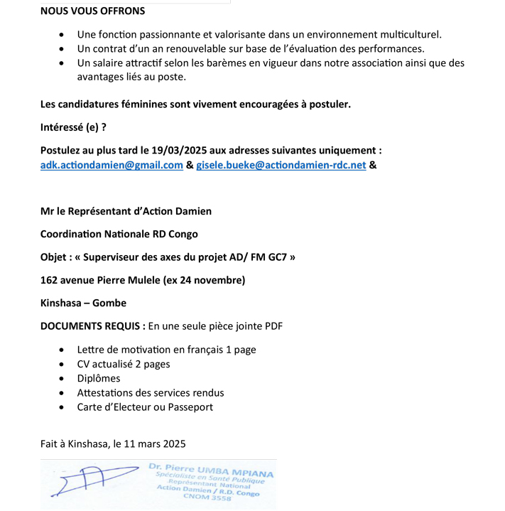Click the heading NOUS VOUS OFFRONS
(x=92, y=11)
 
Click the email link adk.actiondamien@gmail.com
(x=112, y=165)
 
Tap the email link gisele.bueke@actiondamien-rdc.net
(x=281, y=165)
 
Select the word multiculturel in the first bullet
(x=406, y=34)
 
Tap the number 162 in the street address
(x=50, y=280)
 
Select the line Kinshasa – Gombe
(x=83, y=303)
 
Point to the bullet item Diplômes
(x=99, y=378)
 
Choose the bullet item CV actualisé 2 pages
(x=124, y=364)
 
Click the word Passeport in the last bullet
(x=190, y=407)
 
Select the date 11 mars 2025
(x=151, y=443)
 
